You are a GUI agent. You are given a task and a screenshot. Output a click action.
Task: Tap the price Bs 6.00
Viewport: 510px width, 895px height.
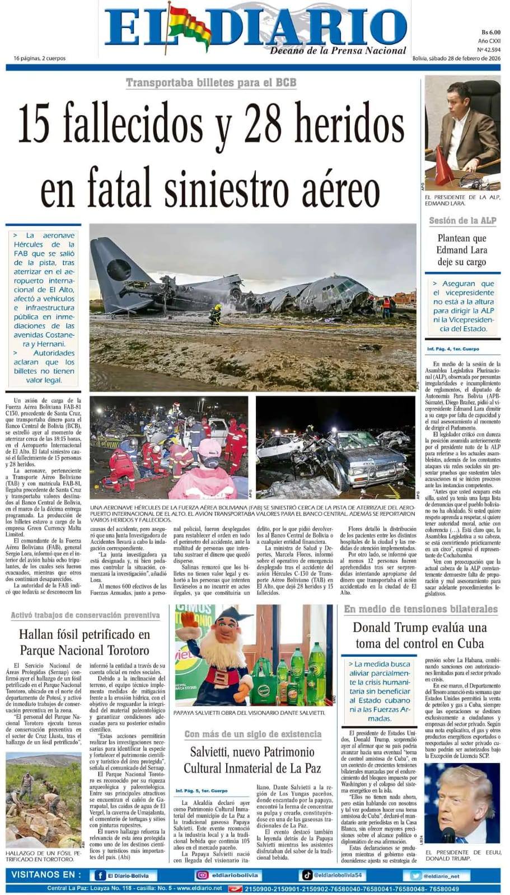point(490,32)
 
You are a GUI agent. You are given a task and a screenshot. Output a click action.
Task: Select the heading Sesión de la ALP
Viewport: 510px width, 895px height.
point(462,220)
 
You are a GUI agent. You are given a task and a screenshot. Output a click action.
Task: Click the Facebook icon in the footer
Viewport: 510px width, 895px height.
point(100,875)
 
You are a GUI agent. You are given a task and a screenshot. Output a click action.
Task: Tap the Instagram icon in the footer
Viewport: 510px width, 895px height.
point(202,875)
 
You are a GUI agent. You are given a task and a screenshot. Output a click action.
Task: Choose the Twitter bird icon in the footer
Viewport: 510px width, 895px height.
point(415,875)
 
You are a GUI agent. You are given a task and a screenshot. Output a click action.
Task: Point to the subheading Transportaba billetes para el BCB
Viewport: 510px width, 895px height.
point(210,83)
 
